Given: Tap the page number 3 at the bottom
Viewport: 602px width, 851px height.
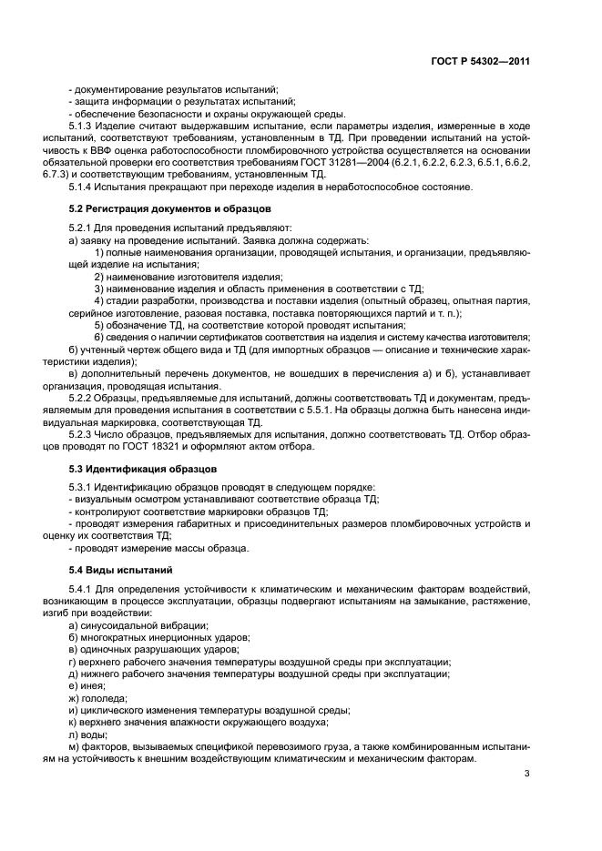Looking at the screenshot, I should click(526, 775).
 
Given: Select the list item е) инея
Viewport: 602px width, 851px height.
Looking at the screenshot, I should click(87, 684).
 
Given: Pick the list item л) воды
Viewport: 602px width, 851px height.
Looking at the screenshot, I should click(87, 734).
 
